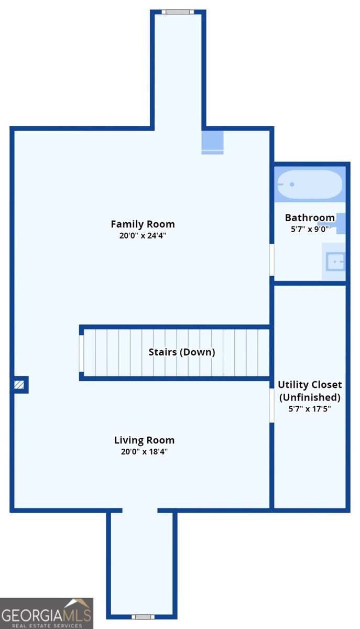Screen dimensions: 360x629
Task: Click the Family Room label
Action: pos(143,224)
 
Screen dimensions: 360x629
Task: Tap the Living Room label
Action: pos(144,440)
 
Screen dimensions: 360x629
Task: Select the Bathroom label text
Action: pos(310,218)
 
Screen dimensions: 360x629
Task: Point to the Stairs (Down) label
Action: pos(182,352)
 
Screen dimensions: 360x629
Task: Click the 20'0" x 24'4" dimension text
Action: pos(143,235)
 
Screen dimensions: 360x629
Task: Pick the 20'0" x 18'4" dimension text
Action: pos(144,451)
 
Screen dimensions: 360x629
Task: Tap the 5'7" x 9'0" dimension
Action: pos(310,229)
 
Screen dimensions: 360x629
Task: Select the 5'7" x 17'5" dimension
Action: pos(310,408)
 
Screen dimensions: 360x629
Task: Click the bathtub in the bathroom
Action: pos(310,184)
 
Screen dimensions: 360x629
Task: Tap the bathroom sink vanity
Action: pos(334,262)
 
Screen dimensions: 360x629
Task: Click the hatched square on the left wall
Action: pos(19,384)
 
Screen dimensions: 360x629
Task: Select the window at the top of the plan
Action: pos(178,12)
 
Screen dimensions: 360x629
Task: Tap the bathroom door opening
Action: pos(272,260)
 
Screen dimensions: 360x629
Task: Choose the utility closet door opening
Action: pos(272,406)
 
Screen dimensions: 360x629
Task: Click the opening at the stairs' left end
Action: pos(81,353)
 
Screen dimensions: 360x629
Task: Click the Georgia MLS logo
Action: pos(47,613)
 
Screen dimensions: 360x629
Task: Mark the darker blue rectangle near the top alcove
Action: pos(213,143)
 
